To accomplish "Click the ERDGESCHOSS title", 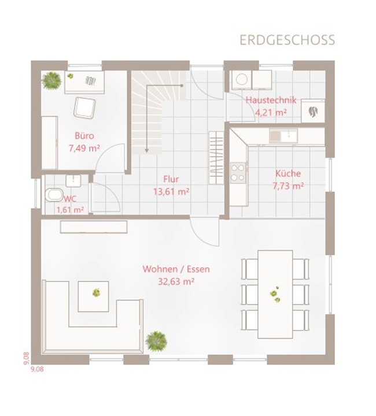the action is coord(287,40).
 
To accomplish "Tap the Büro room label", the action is coord(84,136).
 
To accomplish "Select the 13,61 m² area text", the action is coord(171,191).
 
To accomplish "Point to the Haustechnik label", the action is coord(271,100).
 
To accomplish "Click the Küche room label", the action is coord(288,173).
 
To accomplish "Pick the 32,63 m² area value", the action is coord(176,281).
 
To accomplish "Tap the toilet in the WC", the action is coord(54,195).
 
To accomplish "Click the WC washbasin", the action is coord(73,181).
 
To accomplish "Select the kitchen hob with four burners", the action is coord(238,173).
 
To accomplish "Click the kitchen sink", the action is coord(283,136).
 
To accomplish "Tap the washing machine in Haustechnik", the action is coord(242,80).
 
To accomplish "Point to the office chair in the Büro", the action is coord(84,107).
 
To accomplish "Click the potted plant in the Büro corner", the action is coord(51,80).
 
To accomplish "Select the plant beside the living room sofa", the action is coord(156,341).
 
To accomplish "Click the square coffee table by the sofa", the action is coord(93,296).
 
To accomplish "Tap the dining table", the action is coord(275,294).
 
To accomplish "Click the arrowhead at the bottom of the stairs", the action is coord(146,151).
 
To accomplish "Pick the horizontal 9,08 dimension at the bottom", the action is coord(37,369).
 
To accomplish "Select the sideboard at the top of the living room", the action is coord(94,227).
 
